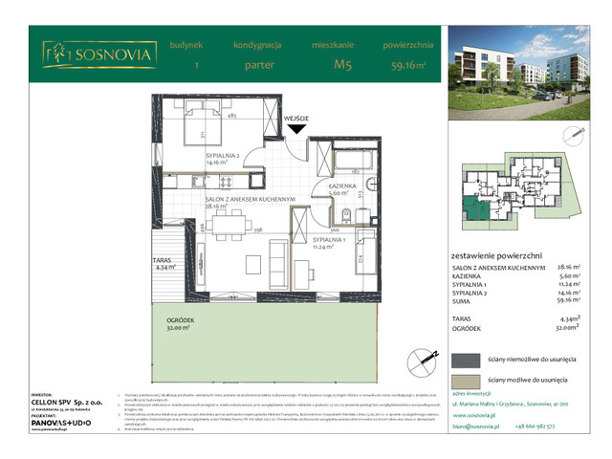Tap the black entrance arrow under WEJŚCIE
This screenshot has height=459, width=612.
point(298,129)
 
